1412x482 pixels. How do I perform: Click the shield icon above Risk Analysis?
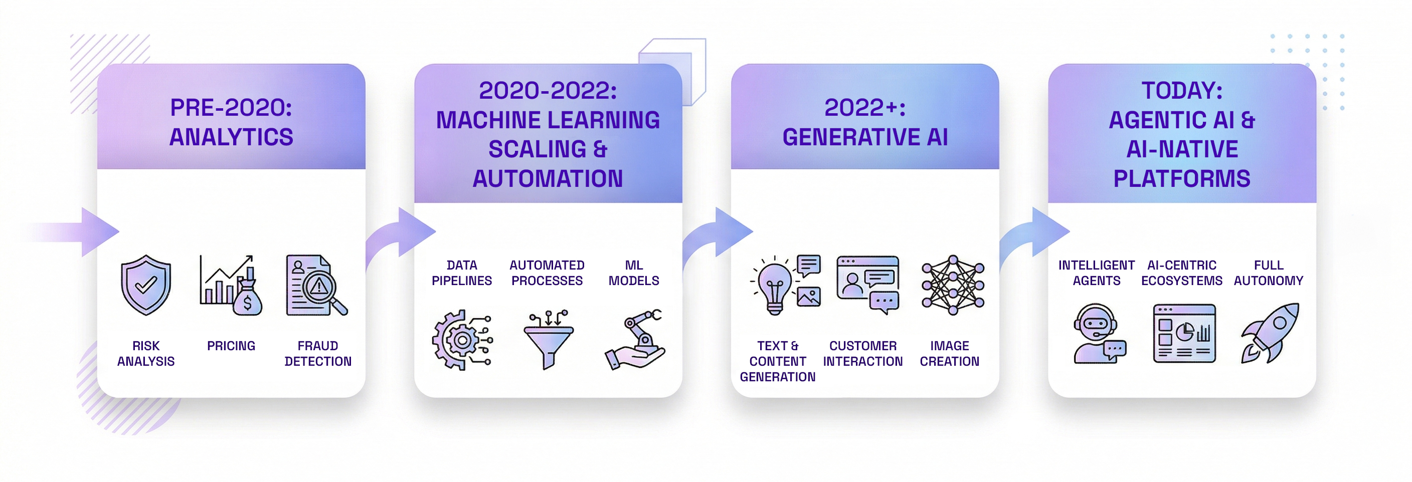146,285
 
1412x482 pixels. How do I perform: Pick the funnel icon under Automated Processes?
548,340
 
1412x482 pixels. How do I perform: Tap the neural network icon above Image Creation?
953,285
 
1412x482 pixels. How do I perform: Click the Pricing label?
231,346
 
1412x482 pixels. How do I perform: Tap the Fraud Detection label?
318,354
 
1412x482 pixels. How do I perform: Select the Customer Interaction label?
863,354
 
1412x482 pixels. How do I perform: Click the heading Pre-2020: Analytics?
231,122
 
